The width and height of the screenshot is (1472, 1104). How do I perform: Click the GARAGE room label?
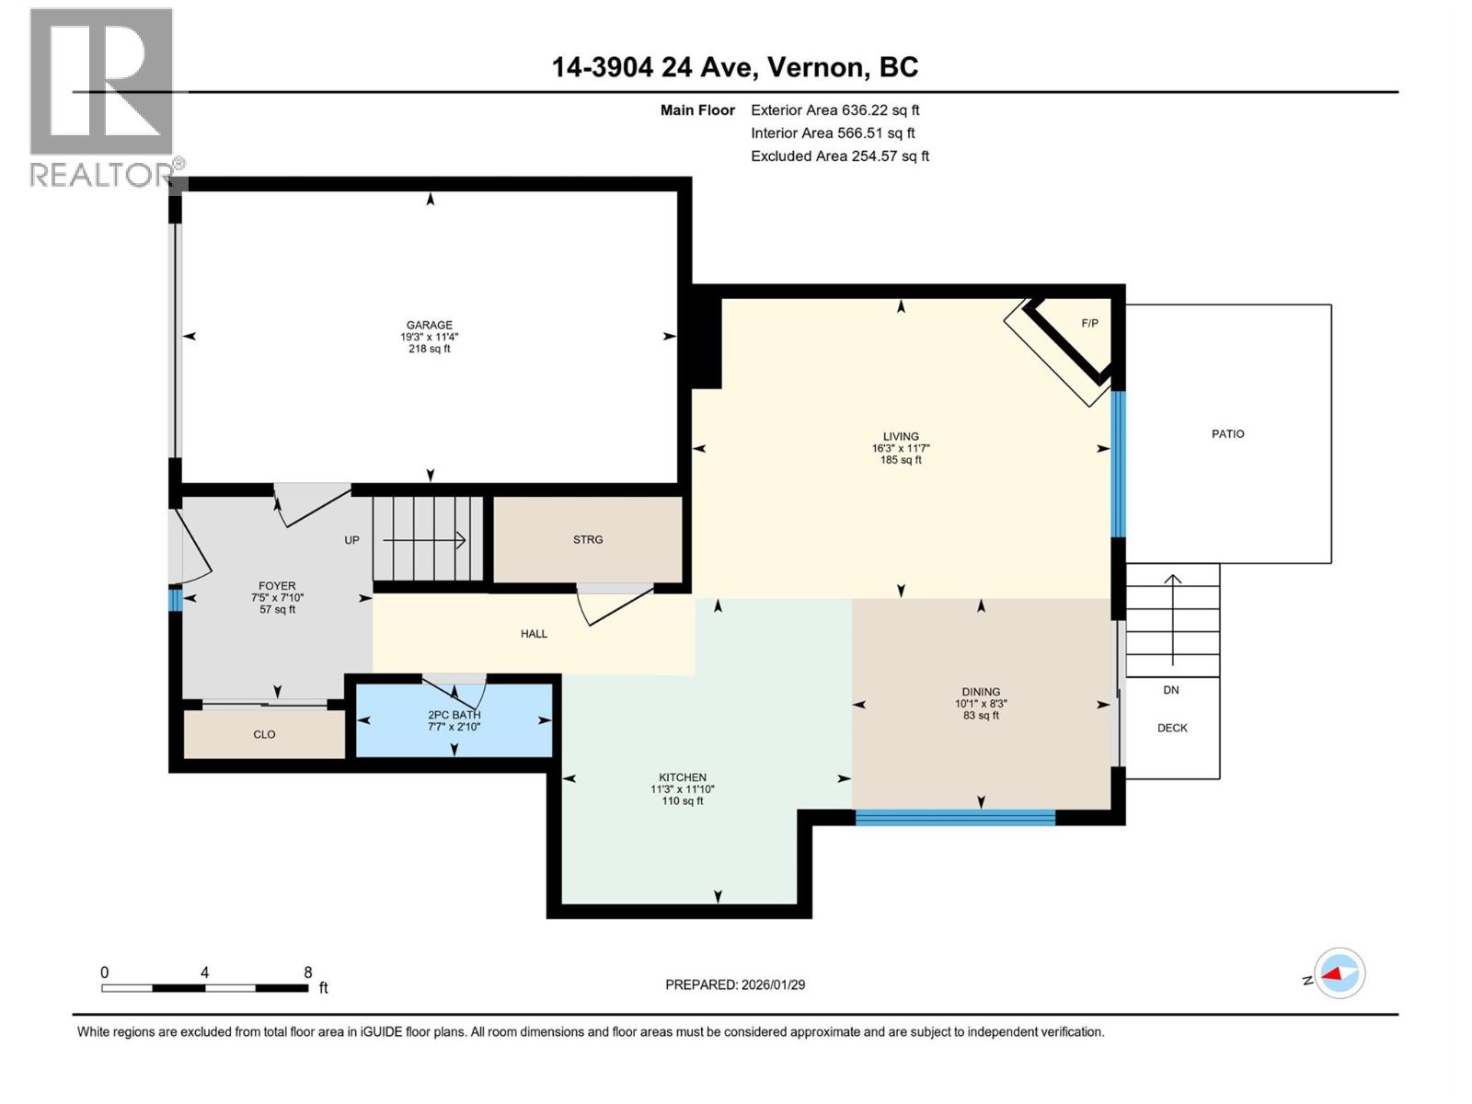pyautogui.click(x=430, y=325)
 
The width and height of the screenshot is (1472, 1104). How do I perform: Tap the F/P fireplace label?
pyautogui.click(x=1089, y=323)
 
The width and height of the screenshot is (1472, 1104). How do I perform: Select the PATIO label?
pyautogui.click(x=1227, y=433)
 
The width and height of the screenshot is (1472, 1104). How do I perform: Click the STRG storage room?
pyautogui.click(x=588, y=540)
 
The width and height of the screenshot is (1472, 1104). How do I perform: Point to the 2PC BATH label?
pyautogui.click(x=454, y=715)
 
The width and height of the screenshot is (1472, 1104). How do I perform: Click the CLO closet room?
pyautogui.click(x=264, y=734)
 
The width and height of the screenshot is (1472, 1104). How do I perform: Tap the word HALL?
pyautogui.click(x=534, y=634)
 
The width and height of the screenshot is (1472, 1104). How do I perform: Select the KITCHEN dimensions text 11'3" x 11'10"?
pyautogui.click(x=683, y=789)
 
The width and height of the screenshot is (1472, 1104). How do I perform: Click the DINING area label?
pyautogui.click(x=981, y=692)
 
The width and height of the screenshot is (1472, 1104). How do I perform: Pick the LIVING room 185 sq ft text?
pyautogui.click(x=901, y=460)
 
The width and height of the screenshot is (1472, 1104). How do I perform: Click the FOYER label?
pyautogui.click(x=277, y=586)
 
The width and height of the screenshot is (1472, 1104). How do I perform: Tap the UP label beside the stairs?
pyautogui.click(x=351, y=540)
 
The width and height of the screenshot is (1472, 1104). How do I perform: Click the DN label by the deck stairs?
pyautogui.click(x=1170, y=690)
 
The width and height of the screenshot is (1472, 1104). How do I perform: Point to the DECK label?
pyautogui.click(x=1172, y=728)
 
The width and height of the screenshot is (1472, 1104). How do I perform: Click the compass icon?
pyautogui.click(x=1340, y=973)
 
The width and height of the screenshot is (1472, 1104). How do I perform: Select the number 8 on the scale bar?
pyautogui.click(x=308, y=972)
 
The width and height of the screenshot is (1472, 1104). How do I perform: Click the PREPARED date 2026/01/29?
pyautogui.click(x=773, y=984)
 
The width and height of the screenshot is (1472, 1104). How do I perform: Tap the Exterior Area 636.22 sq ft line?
pyautogui.click(x=834, y=110)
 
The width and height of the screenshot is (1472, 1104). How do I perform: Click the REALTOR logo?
pyautogui.click(x=103, y=97)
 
